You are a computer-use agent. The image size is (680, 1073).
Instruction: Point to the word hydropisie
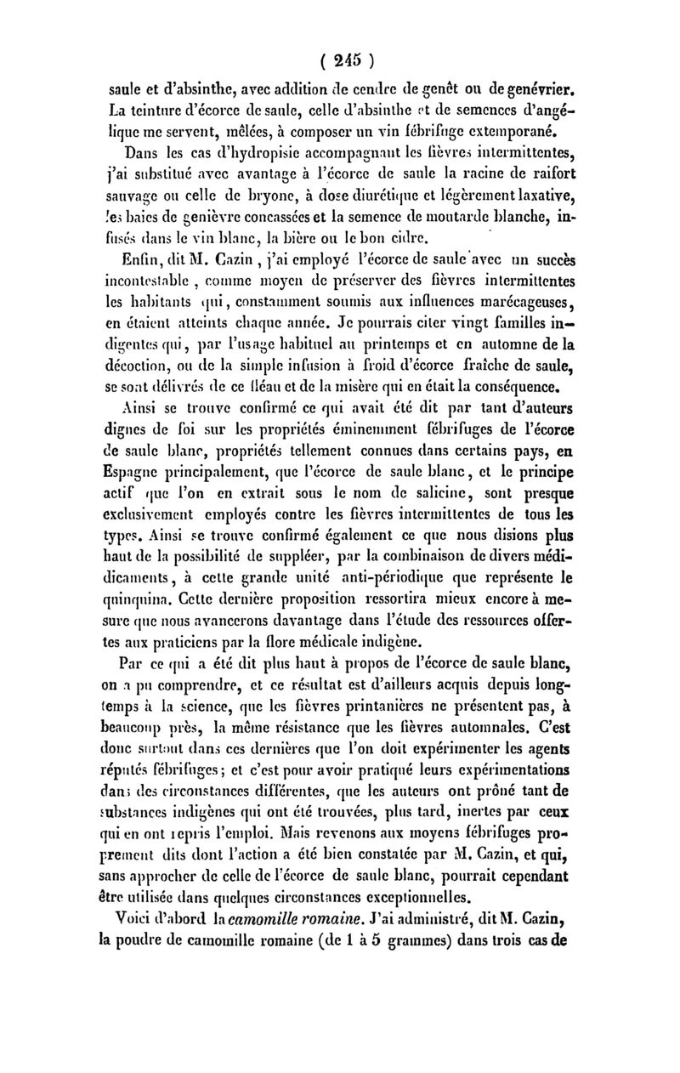pos(252,154)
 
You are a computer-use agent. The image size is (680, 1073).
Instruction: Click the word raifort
pos(542,176)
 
